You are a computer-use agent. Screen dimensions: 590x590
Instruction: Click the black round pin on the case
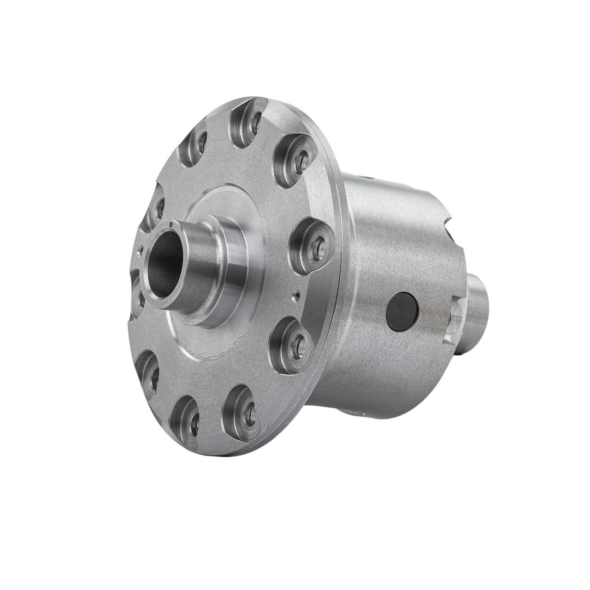[402, 313]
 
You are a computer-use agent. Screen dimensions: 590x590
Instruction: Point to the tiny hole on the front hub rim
[171, 224]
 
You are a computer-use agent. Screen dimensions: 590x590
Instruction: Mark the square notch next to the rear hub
[454, 318]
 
